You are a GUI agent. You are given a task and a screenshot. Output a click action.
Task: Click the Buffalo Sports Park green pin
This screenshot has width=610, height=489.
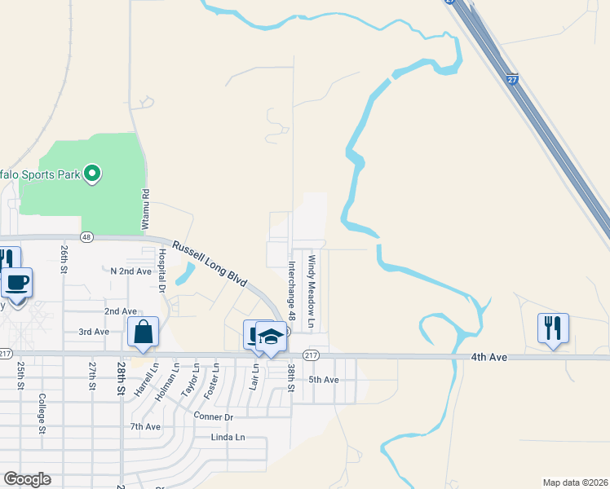[93, 173]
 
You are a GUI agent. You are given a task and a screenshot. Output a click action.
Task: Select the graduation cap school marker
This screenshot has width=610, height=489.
[272, 336]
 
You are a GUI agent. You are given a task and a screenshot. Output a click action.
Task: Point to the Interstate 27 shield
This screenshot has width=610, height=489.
[511, 80]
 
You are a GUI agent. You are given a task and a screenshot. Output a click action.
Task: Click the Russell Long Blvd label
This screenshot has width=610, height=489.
[209, 262]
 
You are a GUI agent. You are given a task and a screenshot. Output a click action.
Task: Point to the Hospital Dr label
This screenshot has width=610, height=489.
[161, 271]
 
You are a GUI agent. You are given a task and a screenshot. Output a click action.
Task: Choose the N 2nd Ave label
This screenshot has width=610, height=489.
[131, 271]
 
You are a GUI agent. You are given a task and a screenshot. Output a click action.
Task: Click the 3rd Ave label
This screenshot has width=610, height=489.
[94, 332]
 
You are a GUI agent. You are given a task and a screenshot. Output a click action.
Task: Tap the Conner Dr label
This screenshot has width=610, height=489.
[214, 416]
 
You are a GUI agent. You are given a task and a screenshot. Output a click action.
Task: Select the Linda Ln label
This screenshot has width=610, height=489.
[228, 438]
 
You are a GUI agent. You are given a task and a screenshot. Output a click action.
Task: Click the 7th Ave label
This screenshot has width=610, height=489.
[145, 426]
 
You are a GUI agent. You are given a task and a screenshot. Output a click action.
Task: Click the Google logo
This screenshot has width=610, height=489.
[27, 479]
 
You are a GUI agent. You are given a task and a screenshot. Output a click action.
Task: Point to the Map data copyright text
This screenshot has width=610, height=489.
[575, 482]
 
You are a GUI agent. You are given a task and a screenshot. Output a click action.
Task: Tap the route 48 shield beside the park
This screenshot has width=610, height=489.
[86, 236]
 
